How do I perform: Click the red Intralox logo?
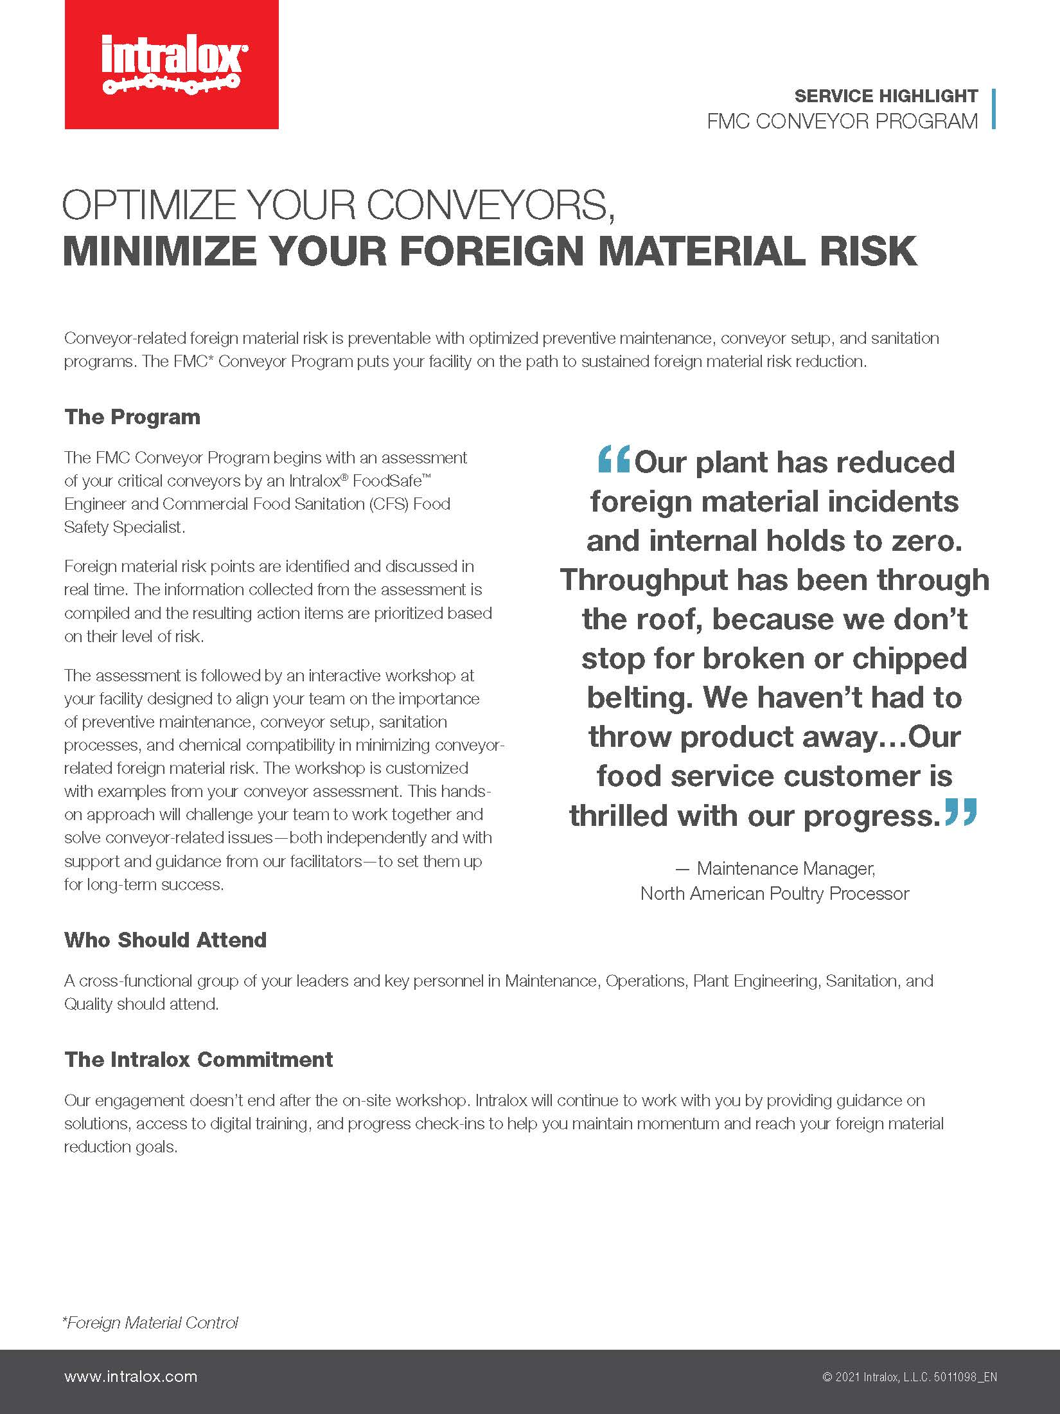172,64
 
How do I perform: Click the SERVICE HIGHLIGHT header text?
886,96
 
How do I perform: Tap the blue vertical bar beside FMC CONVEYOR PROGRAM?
994,109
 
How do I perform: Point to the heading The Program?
132,417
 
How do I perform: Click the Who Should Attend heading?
165,940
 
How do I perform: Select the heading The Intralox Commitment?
199,1060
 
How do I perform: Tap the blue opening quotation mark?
614,460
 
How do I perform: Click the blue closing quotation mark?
961,812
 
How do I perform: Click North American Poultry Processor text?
775,894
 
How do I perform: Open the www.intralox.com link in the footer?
130,1376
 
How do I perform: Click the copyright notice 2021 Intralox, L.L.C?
909,1377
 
